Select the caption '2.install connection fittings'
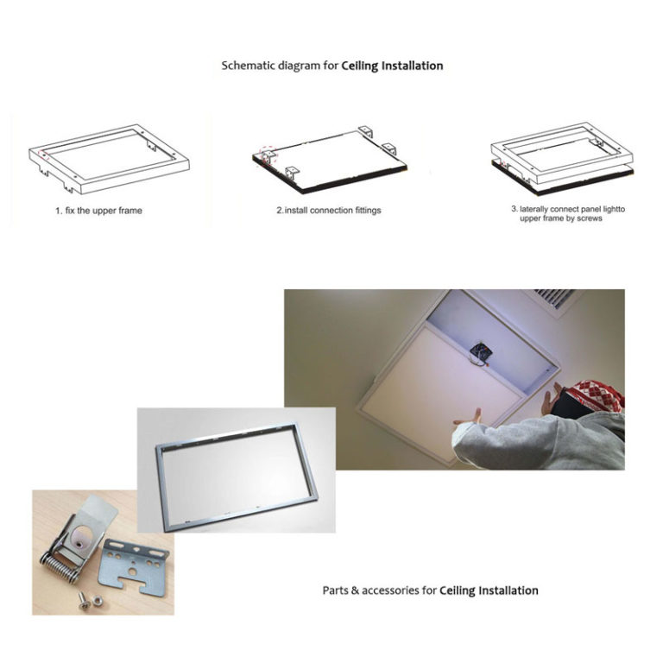click(330, 211)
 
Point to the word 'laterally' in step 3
click(540, 209)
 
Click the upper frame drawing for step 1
click(108, 157)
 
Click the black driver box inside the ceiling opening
click(477, 350)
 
